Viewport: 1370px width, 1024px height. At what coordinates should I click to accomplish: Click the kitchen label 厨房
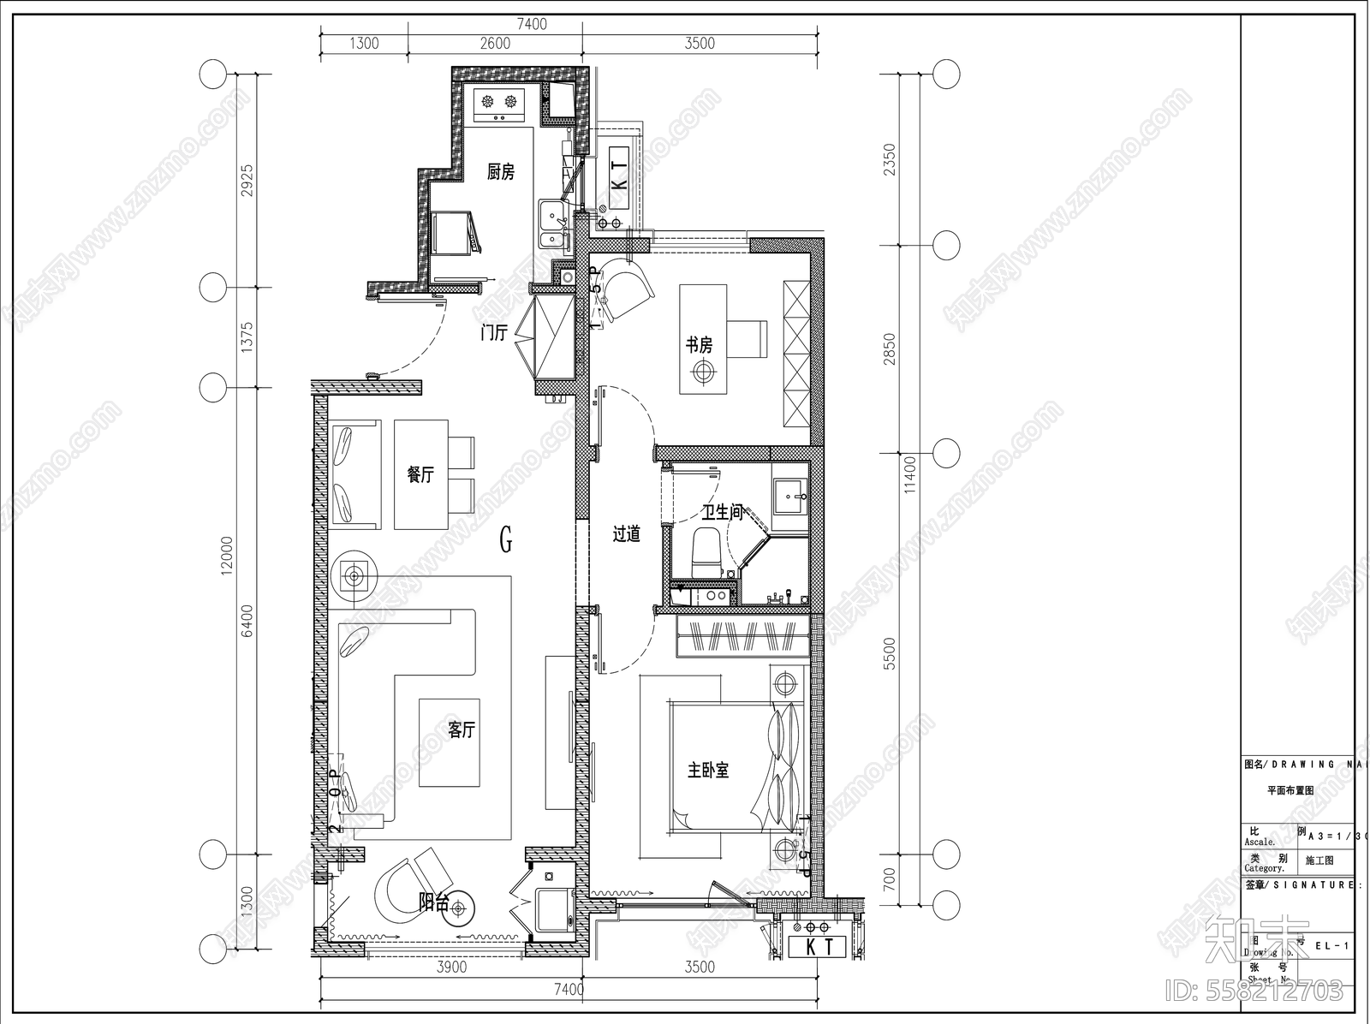[501, 172]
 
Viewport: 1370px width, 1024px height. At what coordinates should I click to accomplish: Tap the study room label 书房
[699, 345]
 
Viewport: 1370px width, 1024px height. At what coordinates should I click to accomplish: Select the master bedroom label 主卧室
[708, 770]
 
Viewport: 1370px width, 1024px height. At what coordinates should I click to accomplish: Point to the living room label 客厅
[462, 729]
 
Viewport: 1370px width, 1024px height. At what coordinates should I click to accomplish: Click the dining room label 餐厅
[420, 474]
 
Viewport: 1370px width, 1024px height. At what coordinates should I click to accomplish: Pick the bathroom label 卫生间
[722, 512]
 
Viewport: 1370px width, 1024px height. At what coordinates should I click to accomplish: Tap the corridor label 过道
[627, 534]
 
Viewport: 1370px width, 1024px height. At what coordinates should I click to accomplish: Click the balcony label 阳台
[433, 901]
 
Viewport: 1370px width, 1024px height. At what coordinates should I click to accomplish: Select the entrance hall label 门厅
[494, 333]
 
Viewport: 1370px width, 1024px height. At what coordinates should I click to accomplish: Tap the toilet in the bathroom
[705, 552]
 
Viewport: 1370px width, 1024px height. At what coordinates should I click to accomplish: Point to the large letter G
[506, 539]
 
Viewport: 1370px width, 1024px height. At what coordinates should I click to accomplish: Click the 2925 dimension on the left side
[248, 181]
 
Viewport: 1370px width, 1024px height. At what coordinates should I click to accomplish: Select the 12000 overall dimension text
[227, 557]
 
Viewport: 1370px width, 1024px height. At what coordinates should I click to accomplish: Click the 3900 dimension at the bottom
[451, 967]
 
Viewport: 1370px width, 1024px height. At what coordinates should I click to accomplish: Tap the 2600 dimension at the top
[495, 44]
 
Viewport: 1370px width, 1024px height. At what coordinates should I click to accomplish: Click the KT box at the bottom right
[816, 947]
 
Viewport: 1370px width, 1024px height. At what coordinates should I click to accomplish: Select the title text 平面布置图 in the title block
[1290, 791]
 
